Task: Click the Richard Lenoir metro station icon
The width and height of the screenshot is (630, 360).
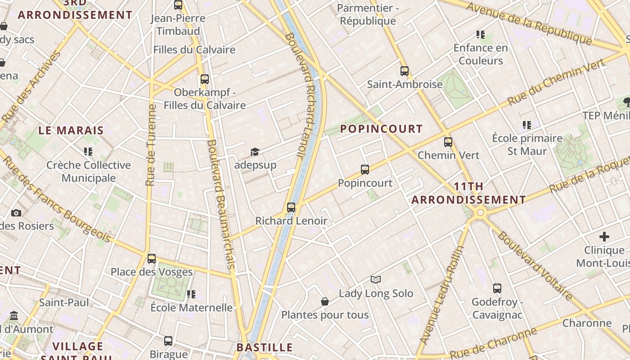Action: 291,207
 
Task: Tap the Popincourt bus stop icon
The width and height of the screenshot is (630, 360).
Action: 365,170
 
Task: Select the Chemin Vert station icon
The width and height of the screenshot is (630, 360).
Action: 448,142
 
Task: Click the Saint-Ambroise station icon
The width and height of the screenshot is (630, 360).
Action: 405,71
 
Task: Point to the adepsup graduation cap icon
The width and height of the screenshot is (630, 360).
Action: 255,152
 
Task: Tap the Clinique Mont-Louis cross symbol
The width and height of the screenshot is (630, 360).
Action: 604,237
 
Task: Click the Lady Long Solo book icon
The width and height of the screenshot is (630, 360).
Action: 376,280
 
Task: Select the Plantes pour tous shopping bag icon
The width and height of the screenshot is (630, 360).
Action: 325,301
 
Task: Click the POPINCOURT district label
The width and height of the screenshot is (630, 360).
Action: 381,129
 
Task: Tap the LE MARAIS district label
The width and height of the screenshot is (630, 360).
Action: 71,130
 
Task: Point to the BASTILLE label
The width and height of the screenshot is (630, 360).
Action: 265,347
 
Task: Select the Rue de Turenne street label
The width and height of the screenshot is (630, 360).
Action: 151,145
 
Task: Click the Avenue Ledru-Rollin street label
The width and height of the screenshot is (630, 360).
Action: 442,295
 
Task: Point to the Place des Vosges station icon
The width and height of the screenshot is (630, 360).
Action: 152,259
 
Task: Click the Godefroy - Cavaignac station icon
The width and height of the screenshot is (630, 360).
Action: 497,288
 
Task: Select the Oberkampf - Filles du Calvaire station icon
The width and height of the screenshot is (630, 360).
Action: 205,79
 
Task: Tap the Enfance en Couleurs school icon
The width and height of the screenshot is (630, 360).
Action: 481,35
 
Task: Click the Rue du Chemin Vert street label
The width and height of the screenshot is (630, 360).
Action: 556,82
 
